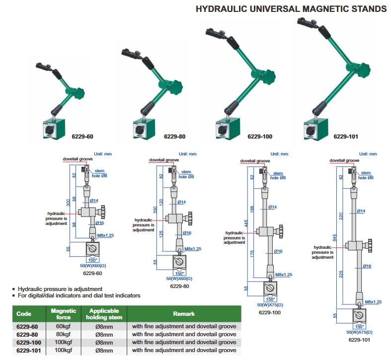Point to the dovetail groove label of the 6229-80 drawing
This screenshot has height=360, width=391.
(x=164, y=160)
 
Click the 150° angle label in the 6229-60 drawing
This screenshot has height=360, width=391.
(x=92, y=260)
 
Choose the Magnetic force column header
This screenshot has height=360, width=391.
(x=64, y=314)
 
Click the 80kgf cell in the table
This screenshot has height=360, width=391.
(x=64, y=334)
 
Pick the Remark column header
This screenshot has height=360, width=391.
(x=183, y=314)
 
